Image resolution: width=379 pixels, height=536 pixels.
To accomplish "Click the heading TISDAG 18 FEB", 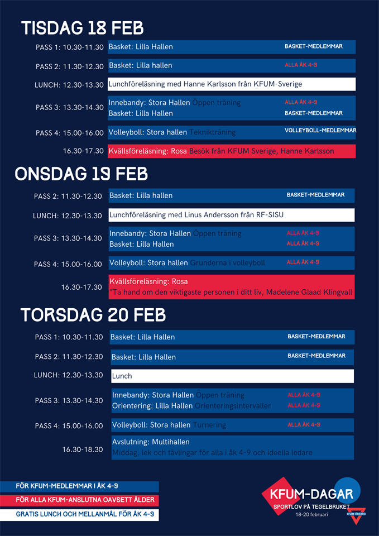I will pyautogui.click(x=82, y=27).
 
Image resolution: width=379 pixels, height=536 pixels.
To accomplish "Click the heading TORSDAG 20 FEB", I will pyautogui.click(x=93, y=315).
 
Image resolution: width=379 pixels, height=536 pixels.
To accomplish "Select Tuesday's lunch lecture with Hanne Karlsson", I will pyautogui.click(x=205, y=84).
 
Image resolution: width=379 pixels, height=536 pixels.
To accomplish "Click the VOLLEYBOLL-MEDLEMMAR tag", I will pyautogui.click(x=320, y=131).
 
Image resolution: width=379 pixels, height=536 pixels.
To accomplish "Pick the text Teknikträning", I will pyautogui.click(x=213, y=133).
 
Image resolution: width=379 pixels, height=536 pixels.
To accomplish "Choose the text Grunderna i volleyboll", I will pyautogui.click(x=227, y=262).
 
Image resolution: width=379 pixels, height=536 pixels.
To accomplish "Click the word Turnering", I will pyautogui.click(x=209, y=425).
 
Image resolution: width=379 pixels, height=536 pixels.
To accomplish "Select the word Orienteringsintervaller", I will pyautogui.click(x=233, y=406).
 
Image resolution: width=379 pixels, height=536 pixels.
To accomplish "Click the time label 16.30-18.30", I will pyautogui.click(x=83, y=449).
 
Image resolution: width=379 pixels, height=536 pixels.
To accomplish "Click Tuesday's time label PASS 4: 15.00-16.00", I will pyautogui.click(x=70, y=133).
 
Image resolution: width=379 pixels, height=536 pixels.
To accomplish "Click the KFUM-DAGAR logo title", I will pyautogui.click(x=311, y=494).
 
